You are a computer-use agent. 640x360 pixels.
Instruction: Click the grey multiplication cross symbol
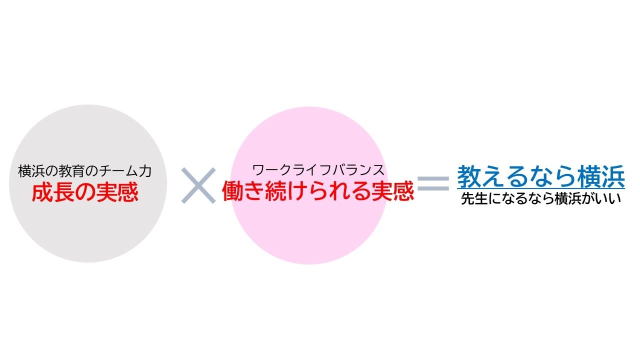tap(198, 185)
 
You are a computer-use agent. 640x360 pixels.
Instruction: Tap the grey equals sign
tap(433, 183)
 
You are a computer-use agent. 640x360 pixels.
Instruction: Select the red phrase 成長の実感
tap(84, 192)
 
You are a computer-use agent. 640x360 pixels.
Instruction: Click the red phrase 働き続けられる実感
tap(318, 191)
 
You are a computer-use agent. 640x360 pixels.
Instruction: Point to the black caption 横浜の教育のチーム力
tap(84, 171)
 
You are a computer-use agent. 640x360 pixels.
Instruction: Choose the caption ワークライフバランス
tap(318, 169)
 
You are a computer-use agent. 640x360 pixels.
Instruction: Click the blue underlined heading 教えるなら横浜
tap(540, 176)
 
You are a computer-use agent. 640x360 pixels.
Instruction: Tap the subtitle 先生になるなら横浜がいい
tap(540, 198)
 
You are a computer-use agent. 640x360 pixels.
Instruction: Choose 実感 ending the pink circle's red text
tap(394, 191)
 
